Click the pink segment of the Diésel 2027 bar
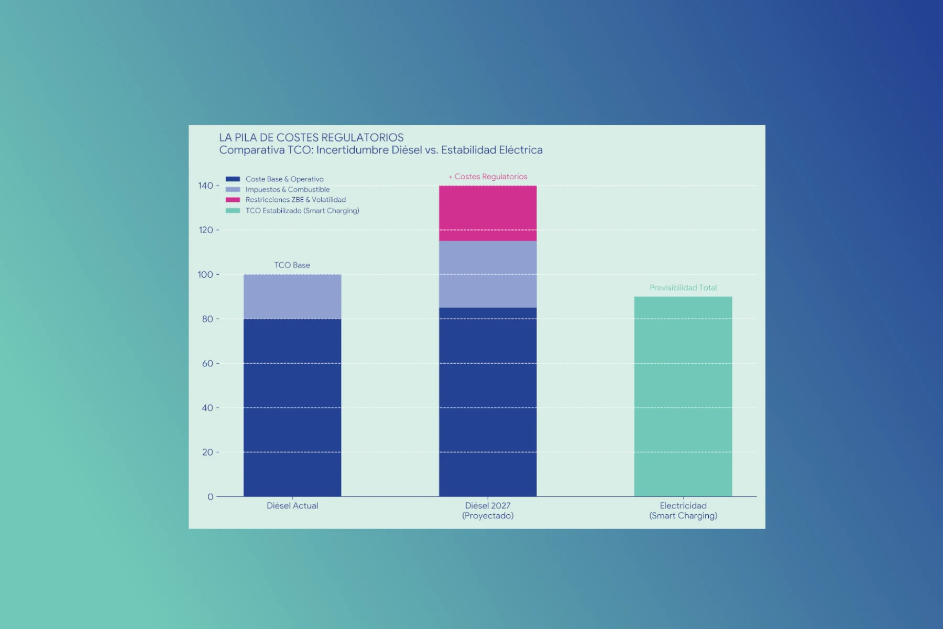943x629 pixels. [487, 213]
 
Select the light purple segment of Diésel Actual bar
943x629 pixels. [292, 296]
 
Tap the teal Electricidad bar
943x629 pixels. [683, 396]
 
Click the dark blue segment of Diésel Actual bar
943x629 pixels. [292, 407]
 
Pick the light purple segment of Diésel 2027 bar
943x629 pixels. [487, 274]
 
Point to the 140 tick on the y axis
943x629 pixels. [205, 186]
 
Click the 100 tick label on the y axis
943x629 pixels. [205, 275]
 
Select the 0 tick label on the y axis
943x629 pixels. [210, 497]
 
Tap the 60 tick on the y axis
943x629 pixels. [207, 363]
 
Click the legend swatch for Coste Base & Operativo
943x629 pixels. [233, 179]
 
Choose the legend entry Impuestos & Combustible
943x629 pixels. [288, 190]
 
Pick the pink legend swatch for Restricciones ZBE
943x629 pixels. [233, 200]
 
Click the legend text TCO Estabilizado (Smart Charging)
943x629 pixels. [302, 211]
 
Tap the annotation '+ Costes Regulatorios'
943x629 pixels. [488, 177]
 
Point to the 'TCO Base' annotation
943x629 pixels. [292, 265]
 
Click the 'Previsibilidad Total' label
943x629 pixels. [683, 288]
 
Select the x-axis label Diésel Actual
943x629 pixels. [292, 506]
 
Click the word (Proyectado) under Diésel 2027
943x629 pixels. [487, 516]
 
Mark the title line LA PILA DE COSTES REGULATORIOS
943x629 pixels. [311, 138]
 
